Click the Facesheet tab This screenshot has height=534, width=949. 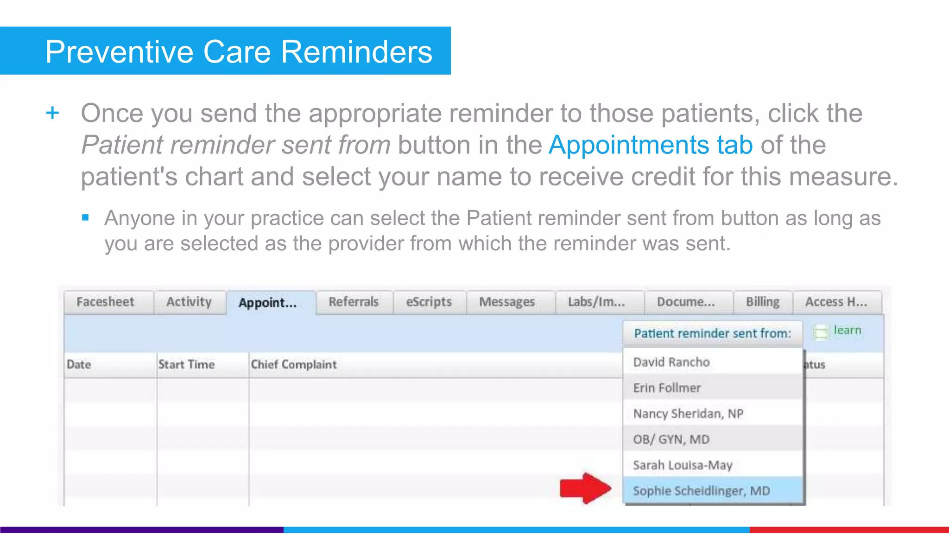105,302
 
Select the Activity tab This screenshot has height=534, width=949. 189,302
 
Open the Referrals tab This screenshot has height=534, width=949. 354,302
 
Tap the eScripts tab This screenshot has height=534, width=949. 429,302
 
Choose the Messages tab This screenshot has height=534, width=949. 507,302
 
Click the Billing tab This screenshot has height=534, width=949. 762,302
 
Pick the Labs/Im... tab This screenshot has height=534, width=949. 596,302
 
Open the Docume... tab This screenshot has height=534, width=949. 686,302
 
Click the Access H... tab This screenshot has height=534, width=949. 836,302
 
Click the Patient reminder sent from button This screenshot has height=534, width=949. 713,334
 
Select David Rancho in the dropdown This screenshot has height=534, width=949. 671,362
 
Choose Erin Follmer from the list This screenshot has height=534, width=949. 667,388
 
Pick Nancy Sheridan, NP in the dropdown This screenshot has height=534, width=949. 688,413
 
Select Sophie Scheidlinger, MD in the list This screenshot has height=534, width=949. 701,491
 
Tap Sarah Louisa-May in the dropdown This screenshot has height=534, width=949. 683,465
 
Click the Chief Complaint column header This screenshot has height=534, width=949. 294,365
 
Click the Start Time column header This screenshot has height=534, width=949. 186,365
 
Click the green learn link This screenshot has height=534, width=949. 847,331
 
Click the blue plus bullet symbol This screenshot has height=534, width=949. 53,113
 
